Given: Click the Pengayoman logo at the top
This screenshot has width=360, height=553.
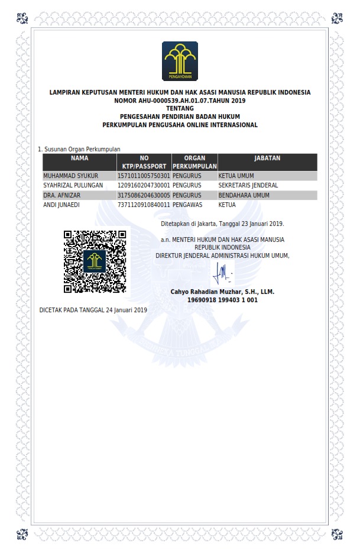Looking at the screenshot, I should pos(180,61).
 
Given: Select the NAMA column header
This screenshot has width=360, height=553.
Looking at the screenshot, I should pos(79,159).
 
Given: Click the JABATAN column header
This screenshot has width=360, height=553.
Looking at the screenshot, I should pos(267,159).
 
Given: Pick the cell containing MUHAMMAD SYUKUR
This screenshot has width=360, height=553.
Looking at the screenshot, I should pos(71,176).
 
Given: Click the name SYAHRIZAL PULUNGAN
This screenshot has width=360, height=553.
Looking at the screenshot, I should pos(73,186).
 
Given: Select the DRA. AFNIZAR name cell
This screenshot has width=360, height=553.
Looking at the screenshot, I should pos(61,195).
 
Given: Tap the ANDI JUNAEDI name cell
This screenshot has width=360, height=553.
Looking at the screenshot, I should pos(61,205).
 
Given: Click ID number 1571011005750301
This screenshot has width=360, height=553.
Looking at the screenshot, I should pos(144,176).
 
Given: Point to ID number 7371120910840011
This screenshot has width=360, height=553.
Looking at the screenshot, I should pos(144,205).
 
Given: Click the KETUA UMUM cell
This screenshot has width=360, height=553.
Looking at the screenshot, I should pos(236,176).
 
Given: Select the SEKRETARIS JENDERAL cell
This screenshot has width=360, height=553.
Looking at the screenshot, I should pos(248,186).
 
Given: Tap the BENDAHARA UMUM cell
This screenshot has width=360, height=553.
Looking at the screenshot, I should pos(244,195).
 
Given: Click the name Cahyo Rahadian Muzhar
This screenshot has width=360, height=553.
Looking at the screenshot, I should pos(222,292).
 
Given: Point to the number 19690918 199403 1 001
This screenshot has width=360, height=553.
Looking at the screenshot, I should pos(222,300).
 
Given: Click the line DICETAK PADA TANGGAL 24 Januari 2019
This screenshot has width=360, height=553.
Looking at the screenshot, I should pos(93,310).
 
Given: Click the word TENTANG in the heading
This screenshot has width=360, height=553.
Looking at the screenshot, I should pos(180,109).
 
